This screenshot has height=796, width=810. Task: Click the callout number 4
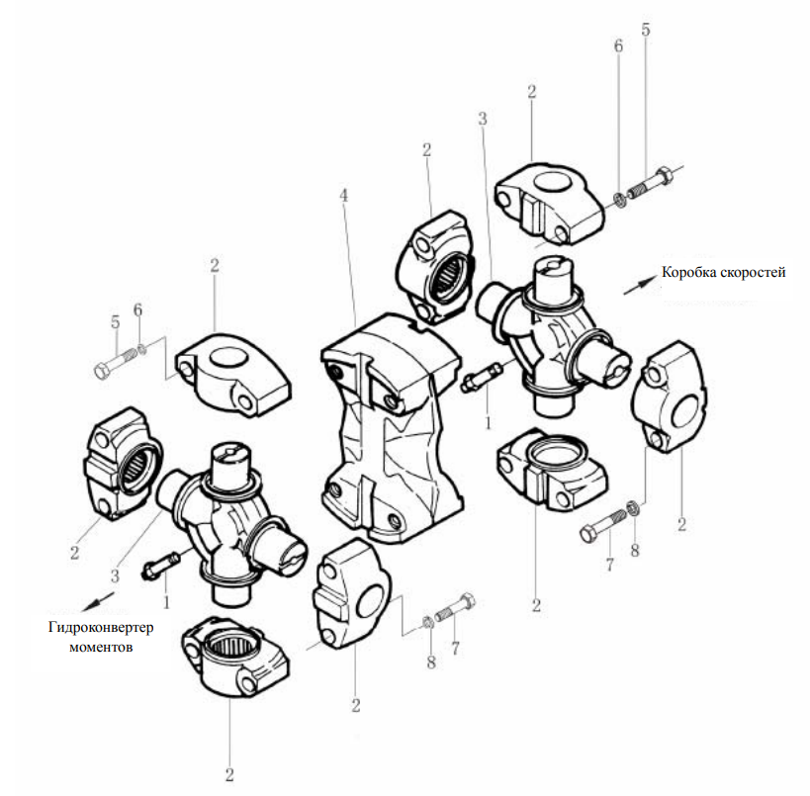coord(343,196)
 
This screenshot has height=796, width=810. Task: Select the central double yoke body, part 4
coord(391,428)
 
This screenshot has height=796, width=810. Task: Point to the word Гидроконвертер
coord(101,628)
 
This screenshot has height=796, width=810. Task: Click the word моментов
coord(101,647)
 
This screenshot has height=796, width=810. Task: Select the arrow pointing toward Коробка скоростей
coord(639,286)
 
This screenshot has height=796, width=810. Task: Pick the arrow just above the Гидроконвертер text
coord(98,602)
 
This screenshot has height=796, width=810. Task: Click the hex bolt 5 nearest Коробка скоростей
coord(650,182)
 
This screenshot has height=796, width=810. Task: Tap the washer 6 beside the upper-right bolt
coord(620,200)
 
